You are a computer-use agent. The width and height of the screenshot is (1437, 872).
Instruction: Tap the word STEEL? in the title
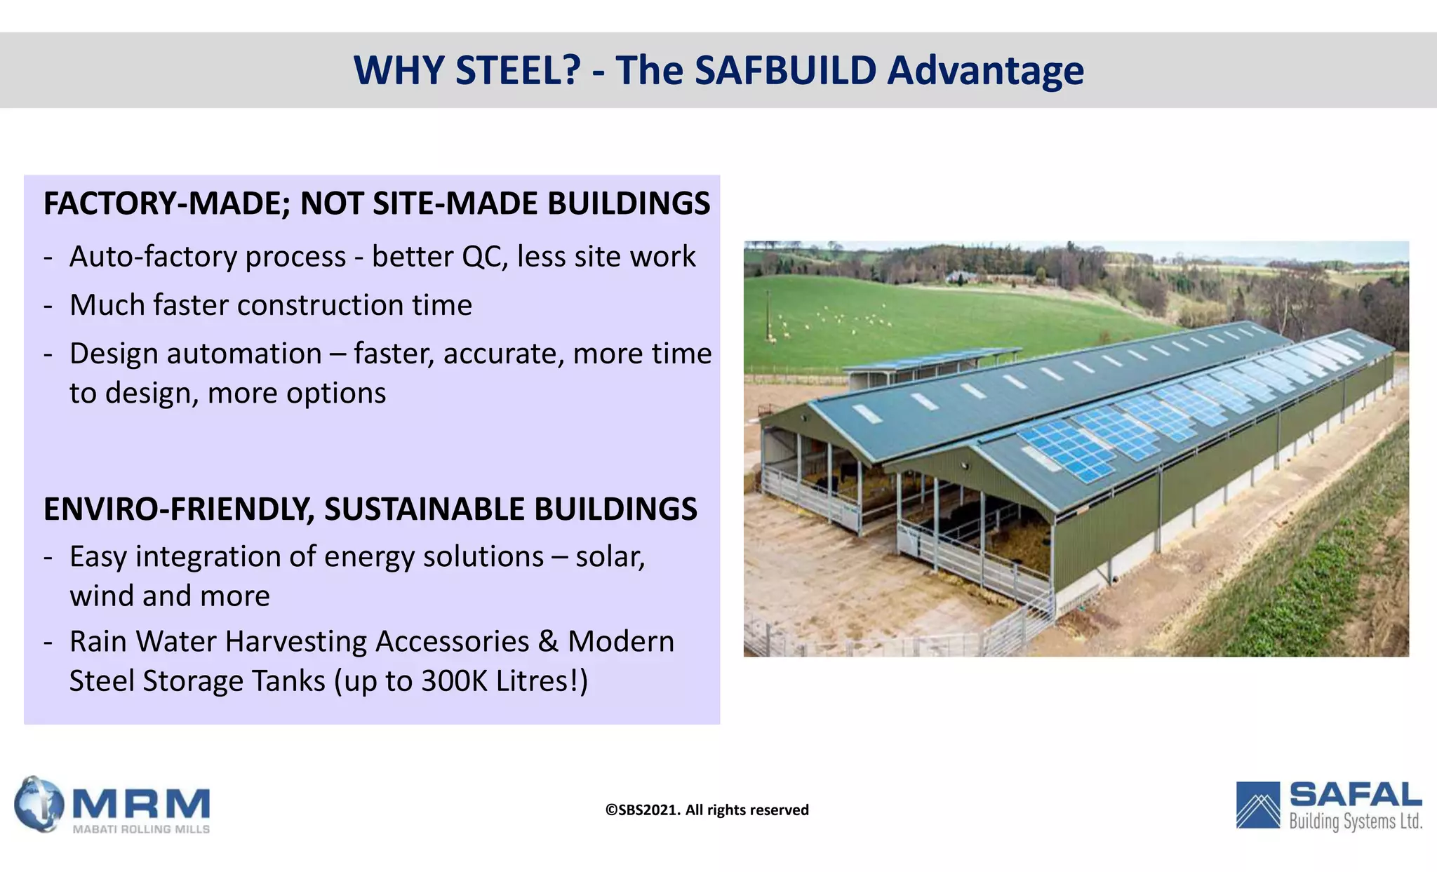pos(518,70)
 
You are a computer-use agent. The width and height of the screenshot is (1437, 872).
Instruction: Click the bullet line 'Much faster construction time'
pos(270,305)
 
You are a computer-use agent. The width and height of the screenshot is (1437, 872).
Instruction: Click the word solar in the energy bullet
pos(608,557)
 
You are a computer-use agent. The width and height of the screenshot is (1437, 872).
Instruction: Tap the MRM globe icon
pos(39,804)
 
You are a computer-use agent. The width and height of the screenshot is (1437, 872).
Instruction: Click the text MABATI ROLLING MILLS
pos(141,829)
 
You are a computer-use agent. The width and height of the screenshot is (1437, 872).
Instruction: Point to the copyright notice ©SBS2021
pos(643,810)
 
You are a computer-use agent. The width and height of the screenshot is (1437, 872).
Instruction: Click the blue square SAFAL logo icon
pos(1258,805)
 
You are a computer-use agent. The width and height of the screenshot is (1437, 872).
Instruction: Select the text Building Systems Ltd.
pos(1355,821)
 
